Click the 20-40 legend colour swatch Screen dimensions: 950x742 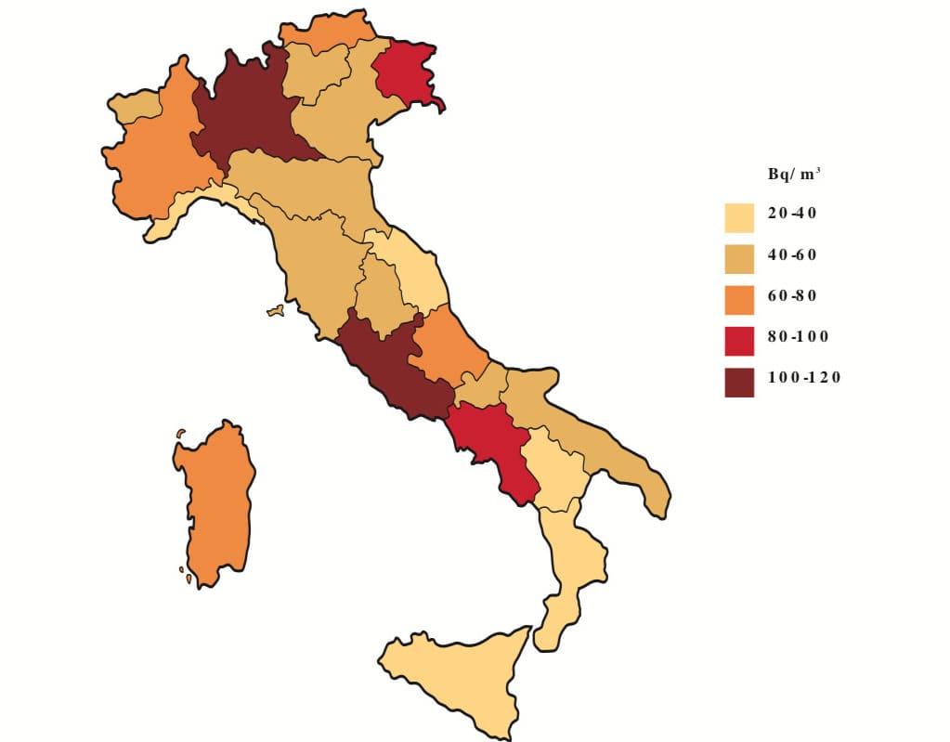(x=739, y=216)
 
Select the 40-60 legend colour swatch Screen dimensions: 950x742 (x=739, y=257)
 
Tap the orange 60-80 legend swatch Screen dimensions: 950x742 (x=739, y=299)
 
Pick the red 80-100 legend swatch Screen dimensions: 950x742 (x=739, y=340)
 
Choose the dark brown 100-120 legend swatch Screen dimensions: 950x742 (x=739, y=381)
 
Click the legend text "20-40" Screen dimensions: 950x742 (x=792, y=213)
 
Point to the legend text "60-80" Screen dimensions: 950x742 (x=792, y=295)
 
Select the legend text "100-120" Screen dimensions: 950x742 (x=804, y=377)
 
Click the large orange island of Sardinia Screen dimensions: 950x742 (x=215, y=506)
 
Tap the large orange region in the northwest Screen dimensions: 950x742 (x=158, y=158)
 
